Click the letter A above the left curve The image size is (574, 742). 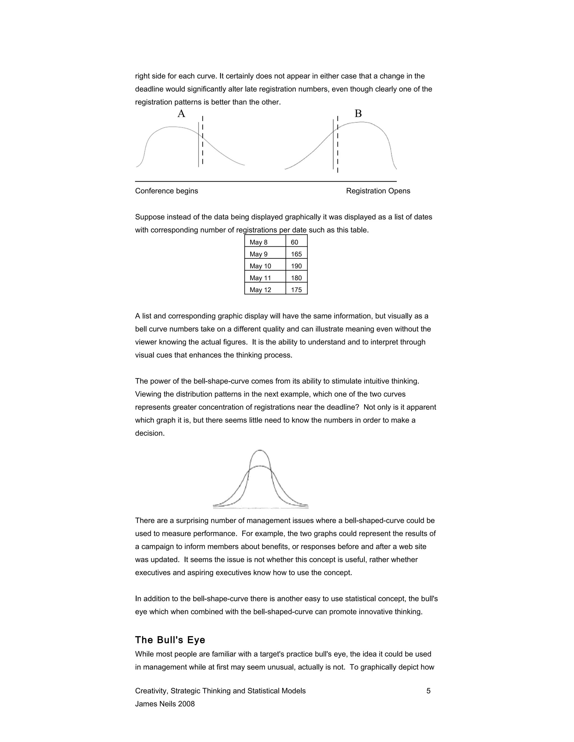(181, 113)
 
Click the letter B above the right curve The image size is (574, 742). (358, 113)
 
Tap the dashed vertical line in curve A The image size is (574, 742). (203, 140)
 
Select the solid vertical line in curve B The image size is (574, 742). (333, 144)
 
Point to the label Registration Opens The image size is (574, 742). (378, 191)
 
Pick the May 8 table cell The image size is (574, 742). (258, 242)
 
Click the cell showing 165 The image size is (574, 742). (296, 254)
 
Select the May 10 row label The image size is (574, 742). (260, 266)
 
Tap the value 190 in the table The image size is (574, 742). (296, 266)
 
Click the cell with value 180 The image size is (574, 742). (296, 278)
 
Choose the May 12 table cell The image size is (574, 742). (260, 290)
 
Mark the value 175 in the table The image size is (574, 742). (296, 290)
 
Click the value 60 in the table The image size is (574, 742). (295, 242)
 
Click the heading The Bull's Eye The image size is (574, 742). (170, 640)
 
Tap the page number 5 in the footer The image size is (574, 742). (429, 691)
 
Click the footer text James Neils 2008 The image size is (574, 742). (165, 704)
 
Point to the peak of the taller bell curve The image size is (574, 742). (260, 450)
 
